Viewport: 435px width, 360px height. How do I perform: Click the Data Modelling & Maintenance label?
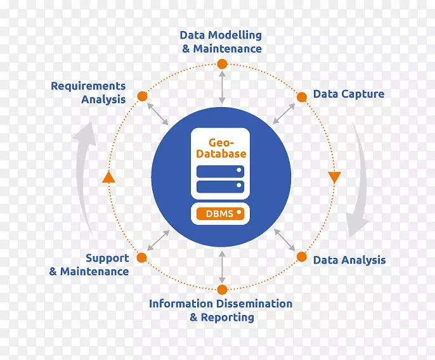point(221,42)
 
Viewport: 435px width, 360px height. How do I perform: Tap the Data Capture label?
point(348,94)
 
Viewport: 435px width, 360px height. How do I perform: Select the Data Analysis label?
point(349,260)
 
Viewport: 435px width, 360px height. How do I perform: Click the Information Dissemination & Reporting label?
point(221,311)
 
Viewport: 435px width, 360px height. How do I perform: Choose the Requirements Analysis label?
point(88,93)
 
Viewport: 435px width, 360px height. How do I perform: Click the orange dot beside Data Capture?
point(302,97)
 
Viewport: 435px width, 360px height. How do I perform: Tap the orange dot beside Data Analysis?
point(302,257)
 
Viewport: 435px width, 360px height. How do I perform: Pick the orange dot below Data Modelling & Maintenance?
point(221,64)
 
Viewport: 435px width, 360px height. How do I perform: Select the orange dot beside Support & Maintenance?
point(141,257)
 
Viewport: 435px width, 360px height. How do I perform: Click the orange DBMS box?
point(220,214)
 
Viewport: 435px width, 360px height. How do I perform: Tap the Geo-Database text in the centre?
point(221,148)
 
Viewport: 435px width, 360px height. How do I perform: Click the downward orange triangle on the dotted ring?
point(334,177)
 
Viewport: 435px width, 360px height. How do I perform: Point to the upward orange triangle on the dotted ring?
point(108,177)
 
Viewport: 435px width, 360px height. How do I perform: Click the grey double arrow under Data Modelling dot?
point(221,87)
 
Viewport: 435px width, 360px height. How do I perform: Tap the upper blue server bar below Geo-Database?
point(220,171)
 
